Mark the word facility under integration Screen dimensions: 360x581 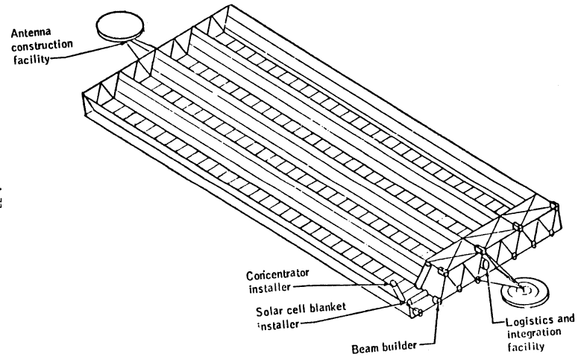519,346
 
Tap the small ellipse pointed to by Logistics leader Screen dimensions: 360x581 486,263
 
